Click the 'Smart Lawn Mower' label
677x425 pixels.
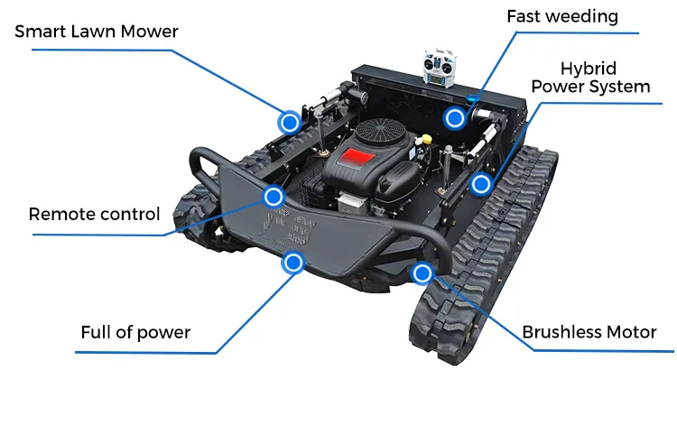click(97, 32)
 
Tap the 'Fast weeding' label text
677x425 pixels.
click(561, 16)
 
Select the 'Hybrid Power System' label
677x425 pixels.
click(589, 78)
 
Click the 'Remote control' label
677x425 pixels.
click(94, 215)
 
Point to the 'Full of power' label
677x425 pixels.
click(135, 332)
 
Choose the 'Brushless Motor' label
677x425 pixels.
click(589, 332)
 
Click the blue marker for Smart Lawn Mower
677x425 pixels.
click(289, 122)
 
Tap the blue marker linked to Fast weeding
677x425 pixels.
click(454, 116)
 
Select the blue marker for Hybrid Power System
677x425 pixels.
click(481, 184)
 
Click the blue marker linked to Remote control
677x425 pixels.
click(274, 196)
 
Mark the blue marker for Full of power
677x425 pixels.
click(292, 263)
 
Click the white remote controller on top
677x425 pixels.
click(440, 69)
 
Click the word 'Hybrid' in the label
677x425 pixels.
click(589, 69)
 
